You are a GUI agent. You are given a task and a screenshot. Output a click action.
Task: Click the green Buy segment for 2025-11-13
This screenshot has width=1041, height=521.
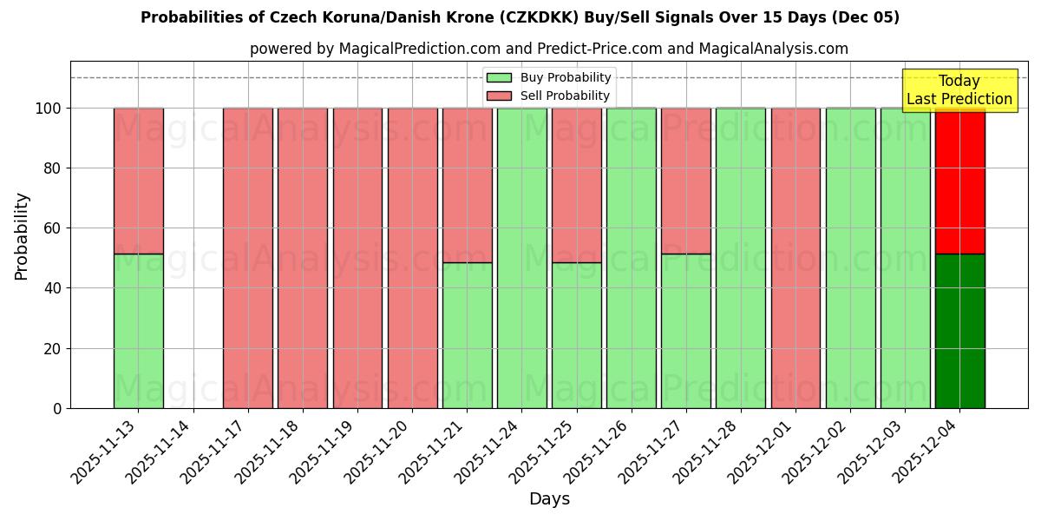pyautogui.click(x=138, y=331)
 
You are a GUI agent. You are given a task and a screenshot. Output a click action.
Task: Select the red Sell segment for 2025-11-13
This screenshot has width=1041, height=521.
pyautogui.click(x=138, y=181)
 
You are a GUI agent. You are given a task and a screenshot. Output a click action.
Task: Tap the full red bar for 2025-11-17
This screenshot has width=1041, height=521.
pyautogui.click(x=247, y=258)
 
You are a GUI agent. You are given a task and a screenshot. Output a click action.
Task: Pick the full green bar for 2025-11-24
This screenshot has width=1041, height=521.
pyautogui.click(x=521, y=258)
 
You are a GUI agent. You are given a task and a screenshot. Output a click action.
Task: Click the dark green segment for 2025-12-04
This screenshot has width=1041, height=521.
pyautogui.click(x=959, y=331)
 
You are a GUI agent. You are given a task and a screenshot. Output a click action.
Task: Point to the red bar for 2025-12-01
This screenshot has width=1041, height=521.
pyautogui.click(x=795, y=258)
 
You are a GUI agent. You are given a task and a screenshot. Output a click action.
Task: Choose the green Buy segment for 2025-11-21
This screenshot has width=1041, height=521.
pyautogui.click(x=467, y=335)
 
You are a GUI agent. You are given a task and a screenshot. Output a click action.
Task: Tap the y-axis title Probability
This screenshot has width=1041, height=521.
pyautogui.click(x=22, y=236)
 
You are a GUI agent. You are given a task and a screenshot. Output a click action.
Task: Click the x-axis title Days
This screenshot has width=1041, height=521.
pyautogui.click(x=549, y=499)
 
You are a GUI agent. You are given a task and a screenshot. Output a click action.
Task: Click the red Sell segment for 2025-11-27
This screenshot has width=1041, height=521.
pyautogui.click(x=685, y=181)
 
